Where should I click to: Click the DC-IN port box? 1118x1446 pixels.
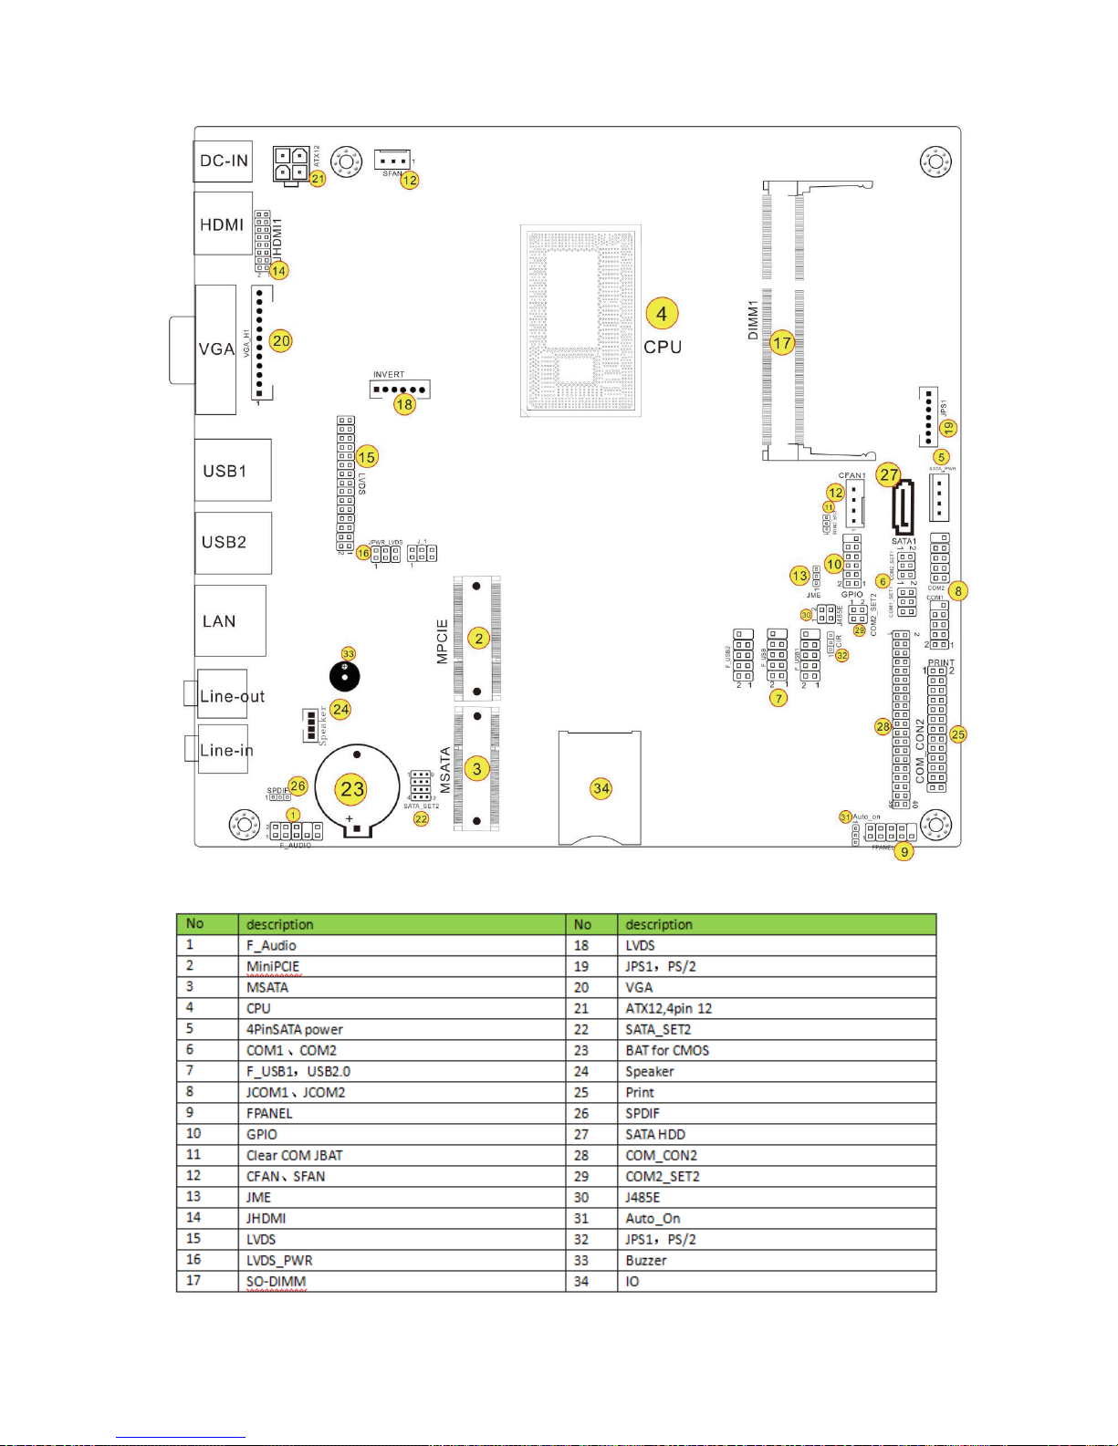224,161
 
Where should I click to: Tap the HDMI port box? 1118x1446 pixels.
223,224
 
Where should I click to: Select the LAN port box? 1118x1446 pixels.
230,620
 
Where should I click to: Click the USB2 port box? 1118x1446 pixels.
233,542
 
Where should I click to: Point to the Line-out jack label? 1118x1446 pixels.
232,697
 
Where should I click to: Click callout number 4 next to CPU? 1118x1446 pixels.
662,314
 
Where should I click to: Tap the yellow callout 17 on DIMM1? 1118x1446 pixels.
782,343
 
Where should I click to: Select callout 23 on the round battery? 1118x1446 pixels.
353,789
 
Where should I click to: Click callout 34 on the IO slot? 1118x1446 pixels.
601,788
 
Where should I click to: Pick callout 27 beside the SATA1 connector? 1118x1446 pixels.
889,474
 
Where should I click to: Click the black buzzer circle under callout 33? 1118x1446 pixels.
344,676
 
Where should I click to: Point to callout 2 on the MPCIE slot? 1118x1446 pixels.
479,639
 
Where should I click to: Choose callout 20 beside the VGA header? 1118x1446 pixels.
281,341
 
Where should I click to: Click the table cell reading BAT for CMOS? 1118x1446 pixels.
667,1051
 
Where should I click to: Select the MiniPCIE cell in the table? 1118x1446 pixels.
273,967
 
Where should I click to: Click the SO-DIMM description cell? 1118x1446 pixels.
276,1282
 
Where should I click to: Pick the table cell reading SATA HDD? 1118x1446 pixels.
655,1135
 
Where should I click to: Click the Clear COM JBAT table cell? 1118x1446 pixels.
294,1156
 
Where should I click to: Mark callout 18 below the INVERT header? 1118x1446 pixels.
404,404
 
